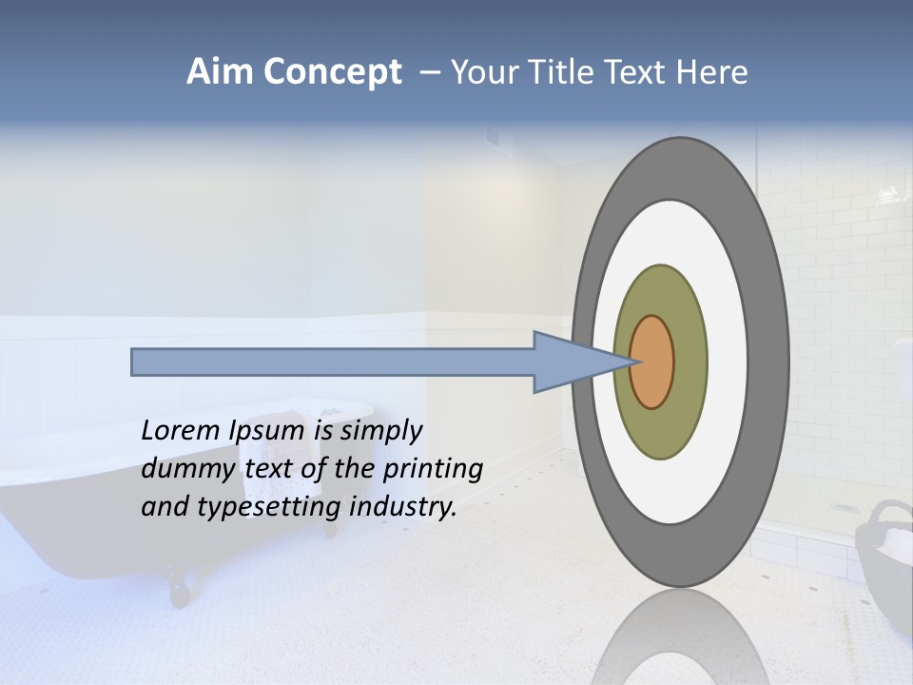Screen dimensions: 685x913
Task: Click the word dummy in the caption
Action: [184, 469]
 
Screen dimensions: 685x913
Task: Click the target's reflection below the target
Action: [680, 642]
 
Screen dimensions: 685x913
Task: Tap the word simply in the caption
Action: [379, 431]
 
